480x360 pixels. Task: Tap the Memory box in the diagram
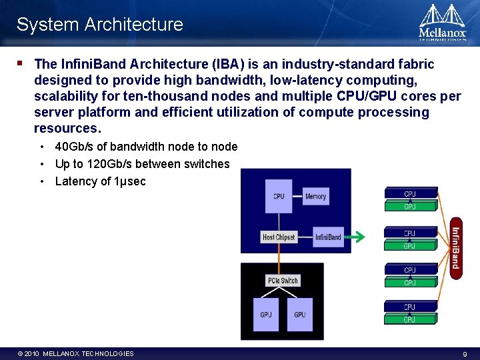coord(315,197)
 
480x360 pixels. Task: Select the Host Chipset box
coord(278,237)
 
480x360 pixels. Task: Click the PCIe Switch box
coord(283,281)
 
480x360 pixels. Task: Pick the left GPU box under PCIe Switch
coord(266,314)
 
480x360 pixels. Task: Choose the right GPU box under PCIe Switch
coord(300,314)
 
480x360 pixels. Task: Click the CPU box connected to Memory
coord(279,196)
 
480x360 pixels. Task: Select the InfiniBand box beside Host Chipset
coord(328,237)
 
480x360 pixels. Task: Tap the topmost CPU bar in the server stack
coord(410,193)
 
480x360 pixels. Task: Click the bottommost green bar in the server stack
coord(410,320)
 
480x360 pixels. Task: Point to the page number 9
coord(465,354)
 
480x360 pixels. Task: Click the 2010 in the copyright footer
coord(32,354)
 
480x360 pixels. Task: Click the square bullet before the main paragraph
coord(20,64)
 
